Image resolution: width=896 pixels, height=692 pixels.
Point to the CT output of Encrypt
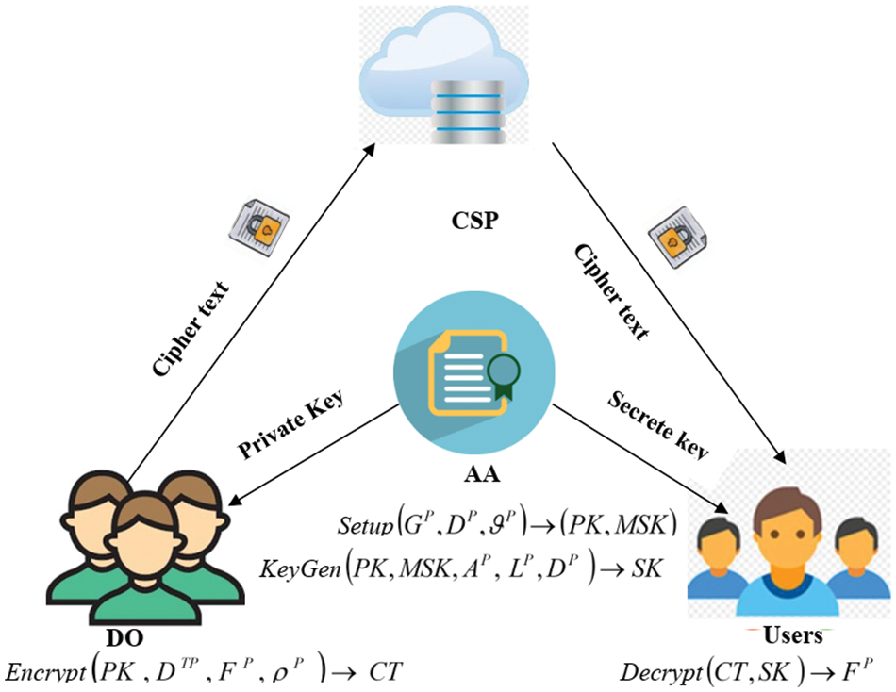[383, 672]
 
